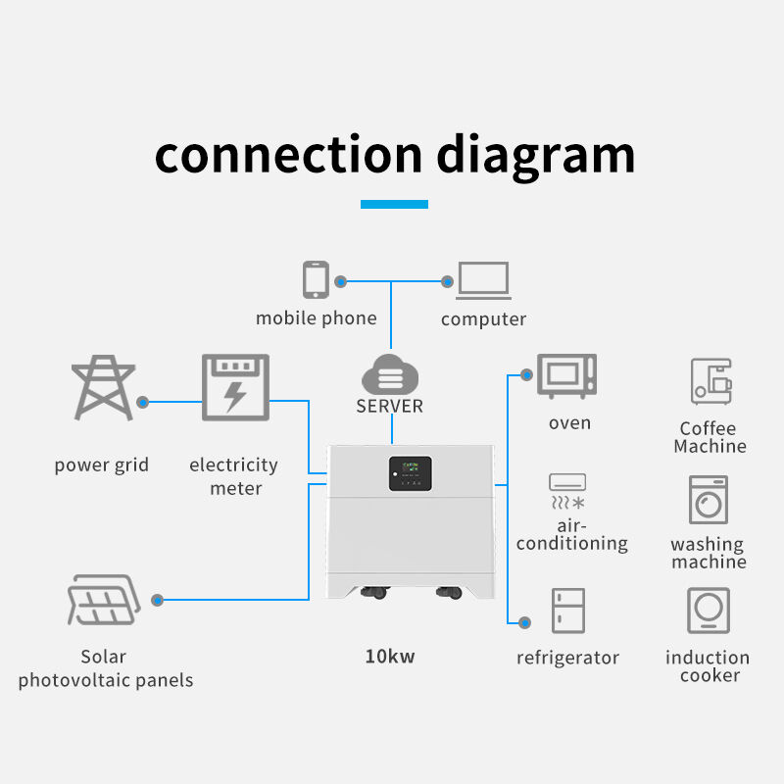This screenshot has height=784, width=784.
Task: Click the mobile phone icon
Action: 315,279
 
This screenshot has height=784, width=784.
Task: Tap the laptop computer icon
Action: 483,280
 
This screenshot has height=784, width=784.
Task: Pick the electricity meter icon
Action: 234,388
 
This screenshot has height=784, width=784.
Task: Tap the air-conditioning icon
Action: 567,492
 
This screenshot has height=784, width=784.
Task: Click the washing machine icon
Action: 709,500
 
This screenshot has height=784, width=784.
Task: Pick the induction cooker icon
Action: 709,611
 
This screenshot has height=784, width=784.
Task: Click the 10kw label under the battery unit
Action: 389,657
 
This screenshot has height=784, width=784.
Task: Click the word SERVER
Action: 390,406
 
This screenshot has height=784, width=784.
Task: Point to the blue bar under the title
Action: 394,204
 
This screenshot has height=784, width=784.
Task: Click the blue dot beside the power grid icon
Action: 143,401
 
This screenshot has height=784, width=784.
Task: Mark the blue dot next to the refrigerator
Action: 525,622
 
